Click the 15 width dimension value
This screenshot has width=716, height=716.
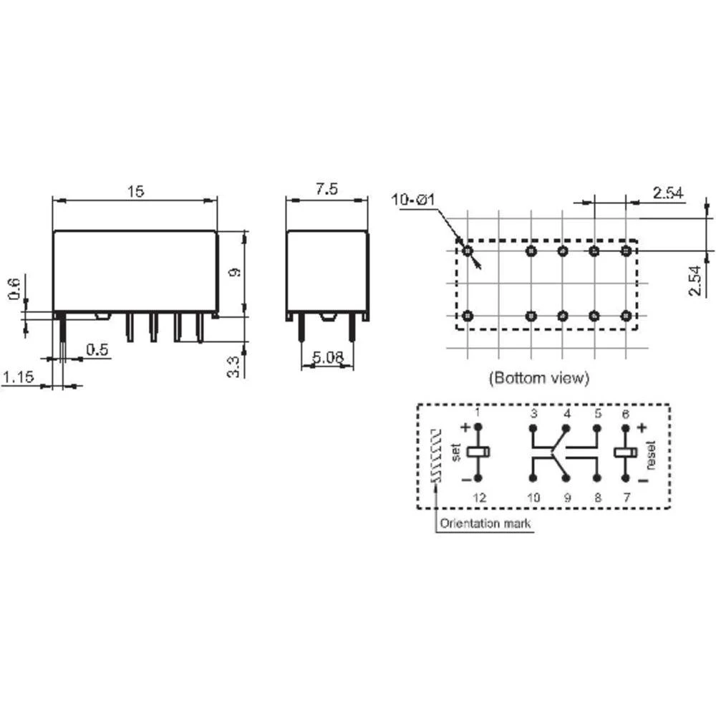tap(136, 191)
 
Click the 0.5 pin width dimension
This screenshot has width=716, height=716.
tap(97, 349)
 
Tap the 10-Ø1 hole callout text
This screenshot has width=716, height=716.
tap(414, 200)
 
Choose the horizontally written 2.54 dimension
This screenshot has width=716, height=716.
tap(667, 193)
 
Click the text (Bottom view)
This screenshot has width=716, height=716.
tap(538, 377)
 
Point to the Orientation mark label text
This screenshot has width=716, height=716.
tap(486, 523)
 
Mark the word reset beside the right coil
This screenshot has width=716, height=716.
tap(650, 454)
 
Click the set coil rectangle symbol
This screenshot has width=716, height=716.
tap(478, 453)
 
